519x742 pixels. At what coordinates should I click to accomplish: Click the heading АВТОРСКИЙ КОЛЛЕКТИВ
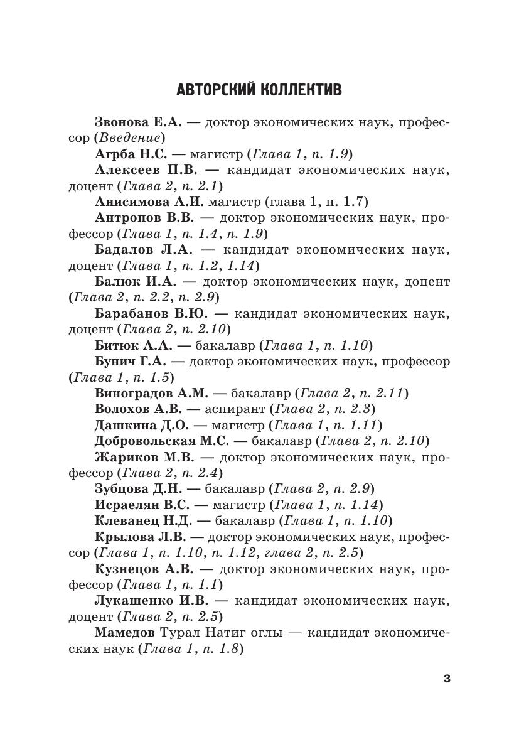coord(259,90)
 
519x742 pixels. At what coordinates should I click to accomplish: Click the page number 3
coord(446,679)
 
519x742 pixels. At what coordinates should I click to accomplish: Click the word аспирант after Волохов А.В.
coord(234,409)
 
